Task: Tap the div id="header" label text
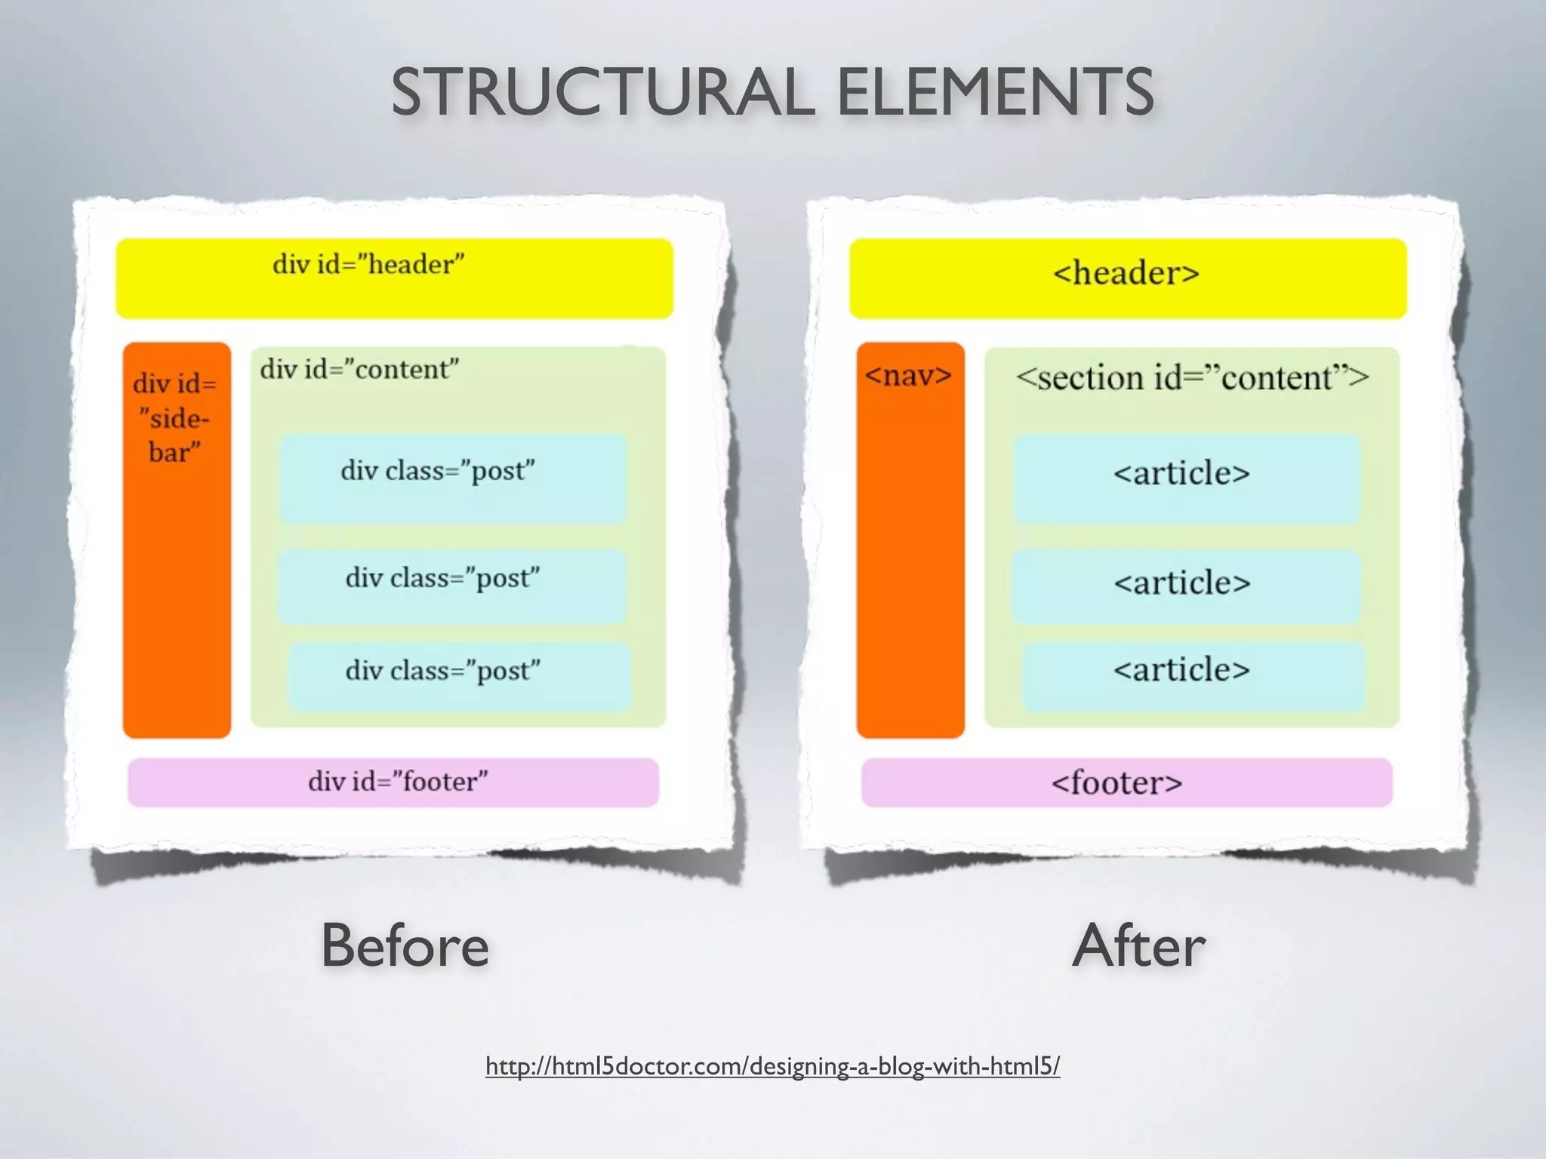(368, 264)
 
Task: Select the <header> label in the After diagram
(1126, 273)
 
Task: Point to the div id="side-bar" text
(175, 417)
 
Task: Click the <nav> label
(909, 375)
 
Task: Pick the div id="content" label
(359, 370)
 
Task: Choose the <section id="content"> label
(1192, 377)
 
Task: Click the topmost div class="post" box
(453, 478)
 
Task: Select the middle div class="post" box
(451, 586)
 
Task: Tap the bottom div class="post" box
(459, 677)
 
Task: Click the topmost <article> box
(1186, 478)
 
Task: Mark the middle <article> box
(1185, 586)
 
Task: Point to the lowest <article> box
(1193, 677)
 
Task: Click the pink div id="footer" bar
(393, 782)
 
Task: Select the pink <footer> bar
(1126, 782)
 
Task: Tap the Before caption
(405, 945)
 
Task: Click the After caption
(1139, 945)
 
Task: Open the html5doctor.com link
(772, 1066)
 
